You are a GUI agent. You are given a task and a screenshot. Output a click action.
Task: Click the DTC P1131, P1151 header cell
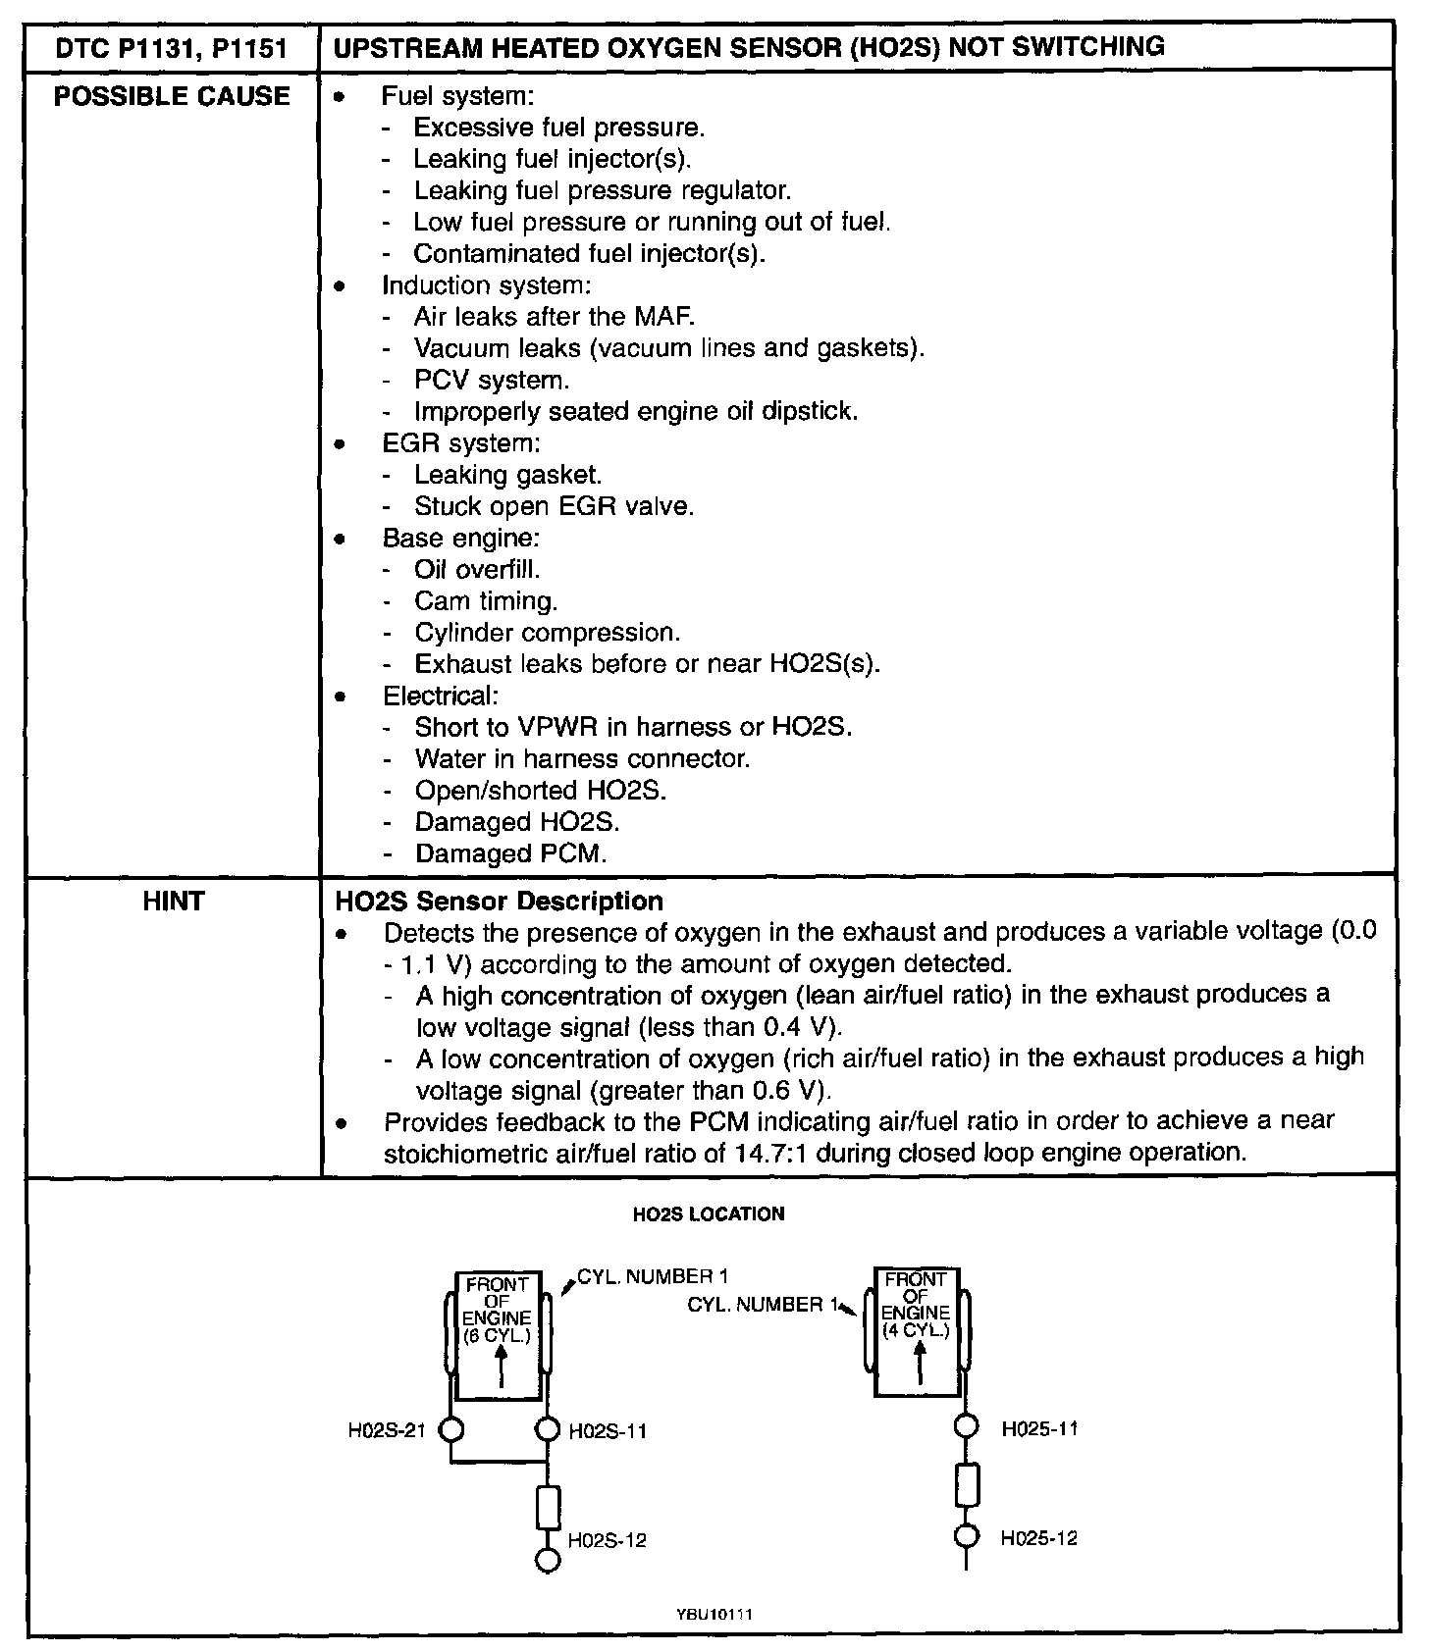172,46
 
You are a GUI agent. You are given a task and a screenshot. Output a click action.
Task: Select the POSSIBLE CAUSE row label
172,96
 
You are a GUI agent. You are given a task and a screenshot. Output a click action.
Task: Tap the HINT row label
173,901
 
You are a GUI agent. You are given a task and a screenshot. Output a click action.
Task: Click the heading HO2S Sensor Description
499,901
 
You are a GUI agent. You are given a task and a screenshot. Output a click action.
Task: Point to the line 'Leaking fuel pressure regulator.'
602,190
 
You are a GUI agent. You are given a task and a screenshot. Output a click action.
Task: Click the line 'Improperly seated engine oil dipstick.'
636,411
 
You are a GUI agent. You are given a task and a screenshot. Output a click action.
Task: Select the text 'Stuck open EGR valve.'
554,506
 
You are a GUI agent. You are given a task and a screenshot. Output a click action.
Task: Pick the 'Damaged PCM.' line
510,853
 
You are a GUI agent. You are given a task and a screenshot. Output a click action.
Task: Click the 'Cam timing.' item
485,600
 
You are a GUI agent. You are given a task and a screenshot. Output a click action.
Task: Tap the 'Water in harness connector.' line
582,758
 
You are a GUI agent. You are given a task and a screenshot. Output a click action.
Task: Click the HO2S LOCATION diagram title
709,1214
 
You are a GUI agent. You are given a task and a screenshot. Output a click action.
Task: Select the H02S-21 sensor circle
450,1429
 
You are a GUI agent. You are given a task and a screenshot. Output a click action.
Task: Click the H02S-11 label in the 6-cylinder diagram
608,1431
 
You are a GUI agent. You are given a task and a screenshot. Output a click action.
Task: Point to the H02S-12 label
608,1540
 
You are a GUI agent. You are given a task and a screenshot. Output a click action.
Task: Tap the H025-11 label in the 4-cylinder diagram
1039,1428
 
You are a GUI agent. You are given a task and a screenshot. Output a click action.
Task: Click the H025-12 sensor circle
967,1536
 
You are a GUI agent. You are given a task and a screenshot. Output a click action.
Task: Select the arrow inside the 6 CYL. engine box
501,1365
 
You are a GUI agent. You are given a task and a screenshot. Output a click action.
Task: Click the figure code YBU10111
714,1614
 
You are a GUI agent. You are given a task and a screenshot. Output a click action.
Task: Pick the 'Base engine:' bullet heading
460,538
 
